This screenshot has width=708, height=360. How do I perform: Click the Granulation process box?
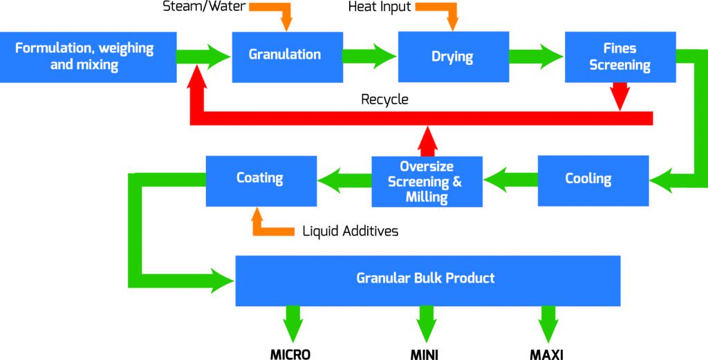point(285,56)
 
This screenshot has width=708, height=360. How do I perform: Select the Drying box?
point(452,56)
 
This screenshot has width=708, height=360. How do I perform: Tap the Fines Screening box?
point(619,57)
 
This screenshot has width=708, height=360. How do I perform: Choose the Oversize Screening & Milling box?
point(426,182)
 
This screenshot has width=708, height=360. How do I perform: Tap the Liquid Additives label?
point(351,231)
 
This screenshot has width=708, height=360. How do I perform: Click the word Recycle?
point(384,100)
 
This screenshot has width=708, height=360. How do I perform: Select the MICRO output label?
point(290,354)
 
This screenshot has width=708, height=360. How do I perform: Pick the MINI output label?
point(427,354)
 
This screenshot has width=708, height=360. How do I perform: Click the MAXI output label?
point(546,354)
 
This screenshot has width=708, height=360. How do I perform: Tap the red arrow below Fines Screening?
point(620,95)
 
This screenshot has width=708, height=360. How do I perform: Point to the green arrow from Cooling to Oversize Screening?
point(510,181)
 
